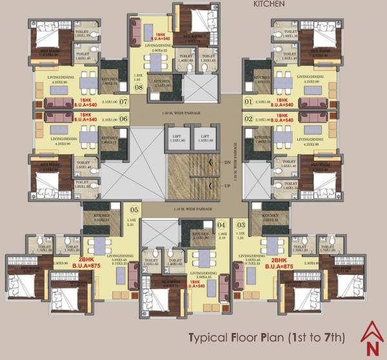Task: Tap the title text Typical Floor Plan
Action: pos(266,338)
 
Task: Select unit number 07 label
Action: pos(123,102)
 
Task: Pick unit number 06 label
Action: pos(123,119)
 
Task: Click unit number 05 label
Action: pos(134,210)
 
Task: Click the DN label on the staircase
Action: pos(227,164)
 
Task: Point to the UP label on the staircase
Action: pos(227,186)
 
